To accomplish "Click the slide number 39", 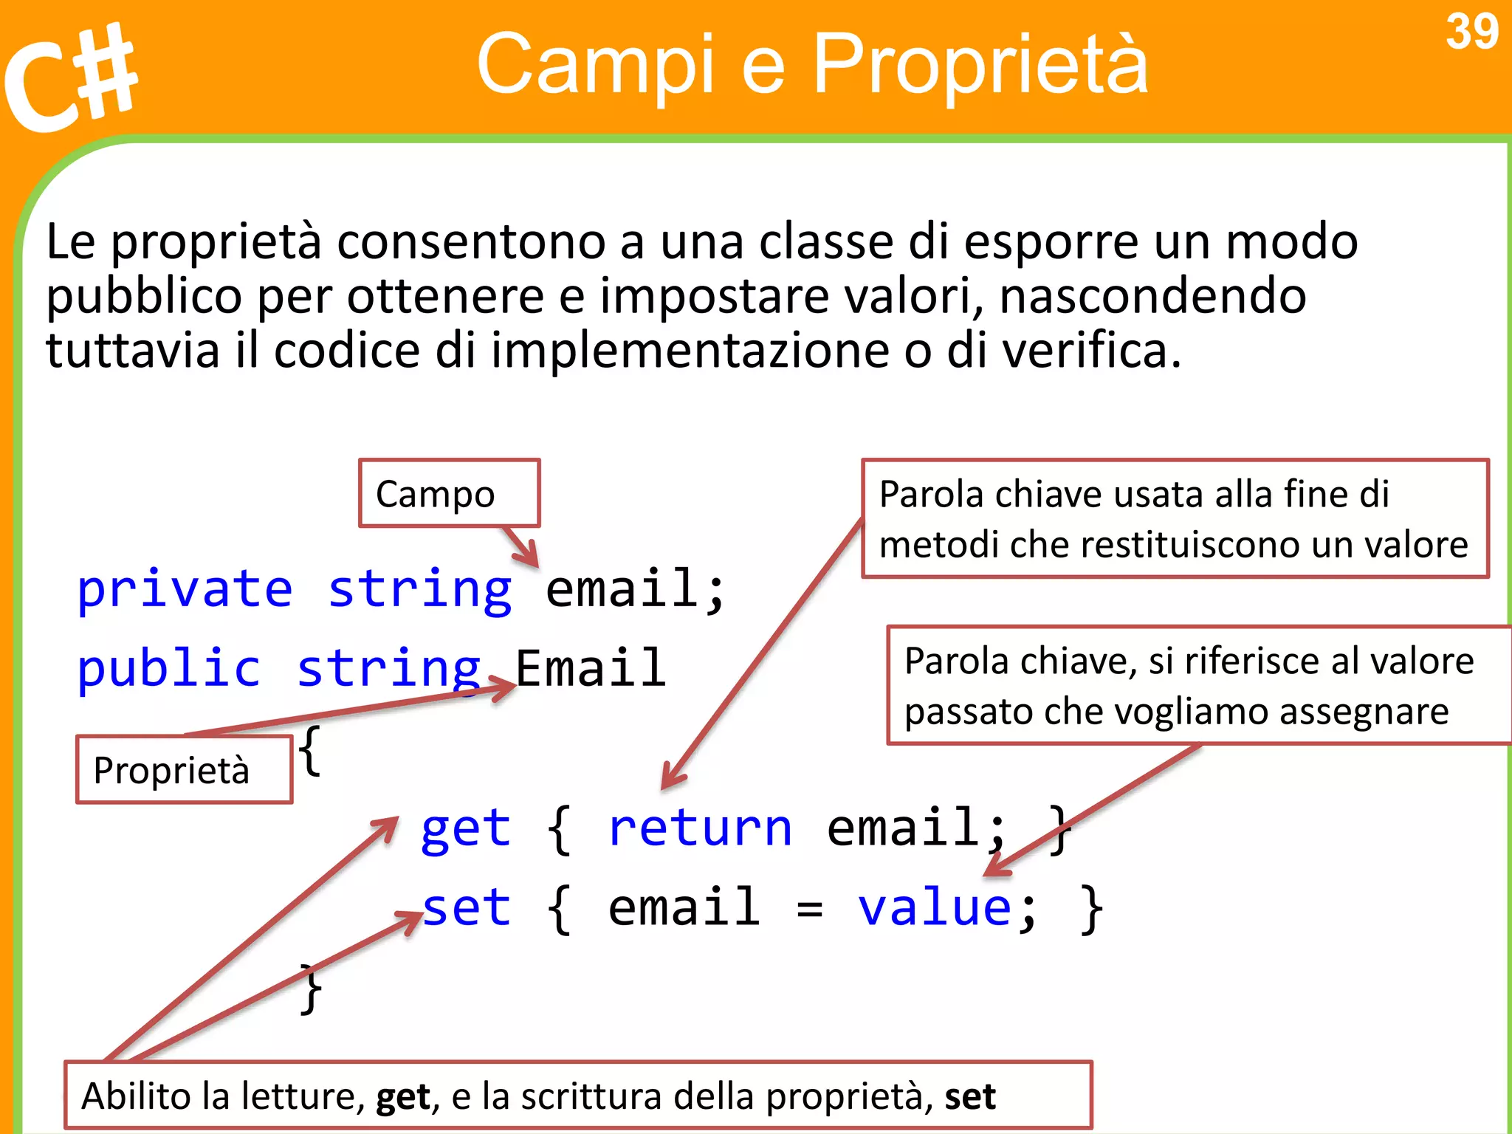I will click(1471, 32).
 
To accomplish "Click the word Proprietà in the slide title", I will click(980, 64).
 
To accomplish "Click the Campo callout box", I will click(449, 493).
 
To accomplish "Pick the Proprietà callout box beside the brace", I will click(184, 769).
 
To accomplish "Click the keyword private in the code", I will click(185, 589).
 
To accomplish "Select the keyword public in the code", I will click(168, 669).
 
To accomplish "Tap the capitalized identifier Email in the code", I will click(591, 669).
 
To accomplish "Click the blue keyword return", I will click(700, 828).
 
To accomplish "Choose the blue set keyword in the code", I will click(467, 908).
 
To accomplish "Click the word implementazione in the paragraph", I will click(690, 350).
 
